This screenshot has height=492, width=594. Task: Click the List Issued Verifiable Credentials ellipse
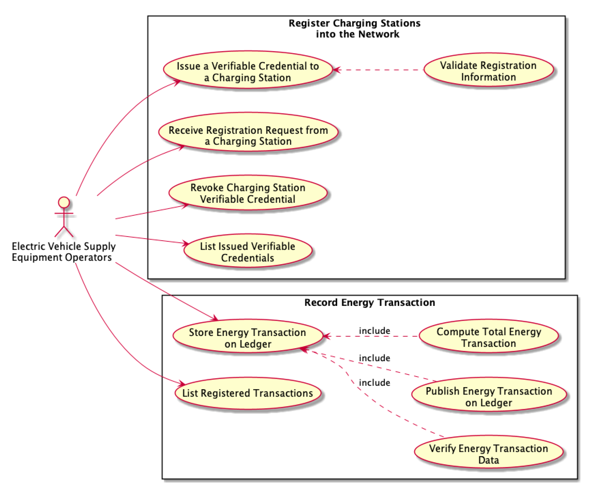tap(248, 251)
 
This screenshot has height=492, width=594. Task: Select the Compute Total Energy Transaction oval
tap(488, 337)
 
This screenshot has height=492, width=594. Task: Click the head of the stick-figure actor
tap(64, 202)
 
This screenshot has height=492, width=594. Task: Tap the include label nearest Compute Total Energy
tap(374, 331)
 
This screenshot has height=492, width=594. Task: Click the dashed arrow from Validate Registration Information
tap(379, 70)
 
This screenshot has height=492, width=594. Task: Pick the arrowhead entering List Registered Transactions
tap(181, 384)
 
